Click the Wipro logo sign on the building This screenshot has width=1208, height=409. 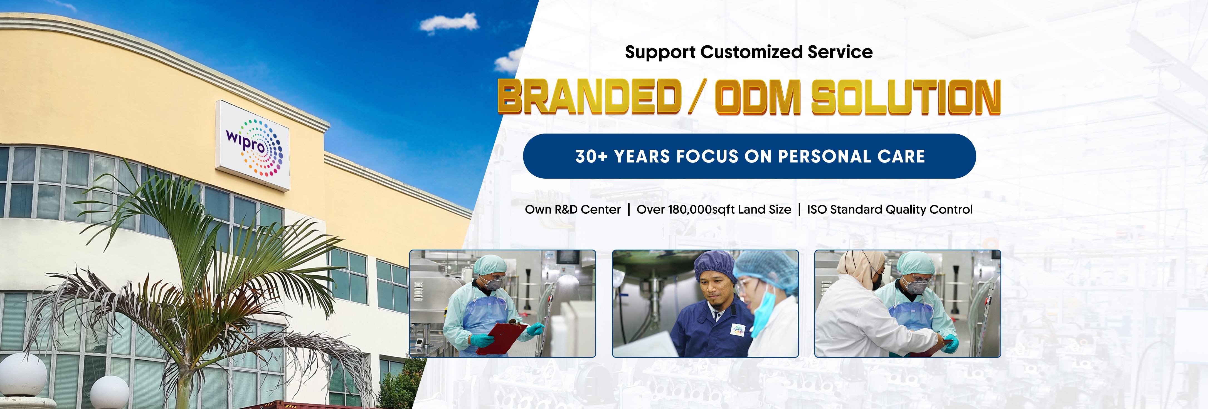[252, 146]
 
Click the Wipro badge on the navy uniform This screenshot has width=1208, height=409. [738, 329]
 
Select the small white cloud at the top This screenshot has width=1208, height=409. [449, 23]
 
